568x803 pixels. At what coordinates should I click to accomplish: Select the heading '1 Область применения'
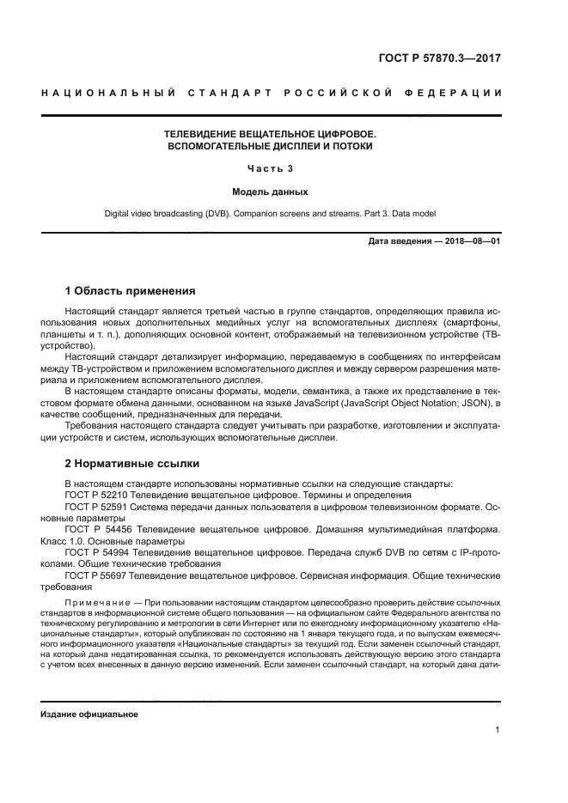coord(131,291)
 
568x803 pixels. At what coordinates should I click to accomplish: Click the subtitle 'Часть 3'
coord(271,168)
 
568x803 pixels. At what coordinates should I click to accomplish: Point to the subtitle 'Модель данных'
coord(271,192)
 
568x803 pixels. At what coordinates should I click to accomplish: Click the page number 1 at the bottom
coord(498,730)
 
